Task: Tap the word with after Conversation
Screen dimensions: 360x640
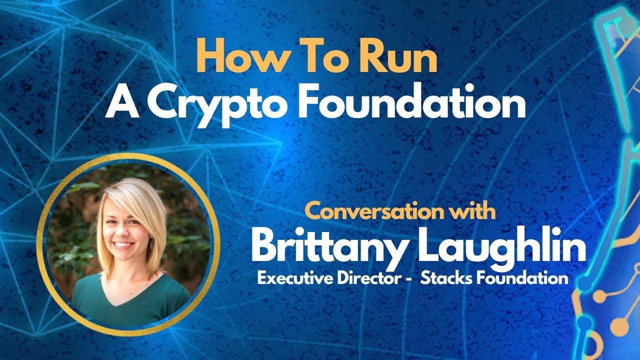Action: [x=469, y=211]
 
